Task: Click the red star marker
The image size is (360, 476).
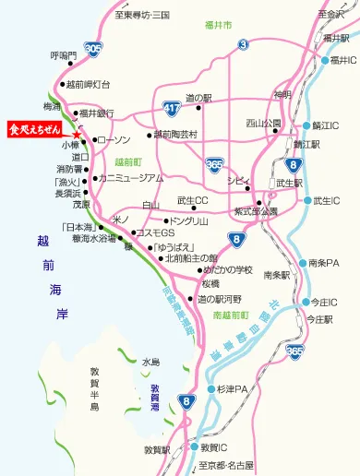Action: [77, 137]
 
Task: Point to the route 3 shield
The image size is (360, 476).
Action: [243, 43]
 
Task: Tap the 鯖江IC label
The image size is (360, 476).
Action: [325, 125]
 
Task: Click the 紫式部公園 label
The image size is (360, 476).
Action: [255, 211]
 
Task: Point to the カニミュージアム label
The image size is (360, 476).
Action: [130, 177]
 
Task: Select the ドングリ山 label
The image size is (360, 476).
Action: [190, 220]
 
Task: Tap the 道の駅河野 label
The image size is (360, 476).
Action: [219, 299]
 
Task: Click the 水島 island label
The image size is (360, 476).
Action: [151, 362]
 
